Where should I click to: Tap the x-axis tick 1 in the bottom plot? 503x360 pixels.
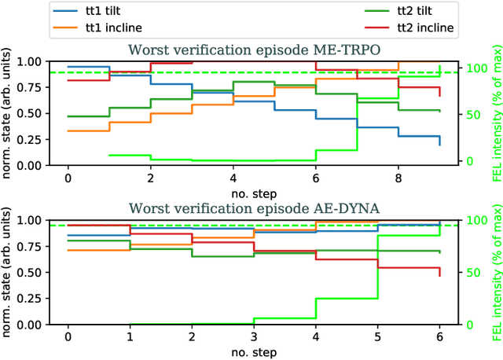(x=130, y=335)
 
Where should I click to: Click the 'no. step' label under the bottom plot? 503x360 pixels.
(x=254, y=350)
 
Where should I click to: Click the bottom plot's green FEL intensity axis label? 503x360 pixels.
(x=495, y=272)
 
